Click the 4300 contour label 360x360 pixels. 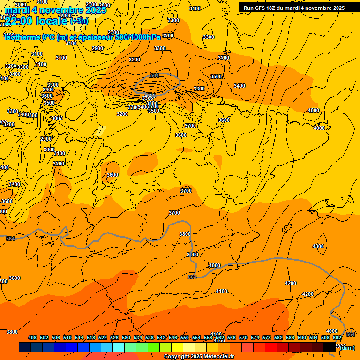[318, 246]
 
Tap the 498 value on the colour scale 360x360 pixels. [32, 337]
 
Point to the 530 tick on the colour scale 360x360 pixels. [126, 337]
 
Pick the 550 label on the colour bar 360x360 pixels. [185, 337]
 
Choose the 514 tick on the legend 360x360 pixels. [79, 337]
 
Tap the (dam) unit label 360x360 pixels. [347, 347]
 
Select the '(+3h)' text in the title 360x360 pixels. [79, 21]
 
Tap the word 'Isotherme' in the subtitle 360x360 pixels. [22, 37]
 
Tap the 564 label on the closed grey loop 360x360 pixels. [155, 75]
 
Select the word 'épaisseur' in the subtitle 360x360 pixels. [96, 37]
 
